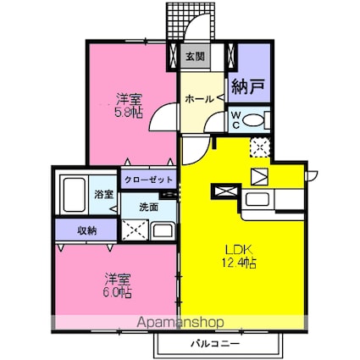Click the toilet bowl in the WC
click(x=251, y=119)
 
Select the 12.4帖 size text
click(x=240, y=264)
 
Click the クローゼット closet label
click(x=149, y=180)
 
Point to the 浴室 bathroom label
click(x=104, y=192)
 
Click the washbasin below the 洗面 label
click(x=162, y=229)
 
